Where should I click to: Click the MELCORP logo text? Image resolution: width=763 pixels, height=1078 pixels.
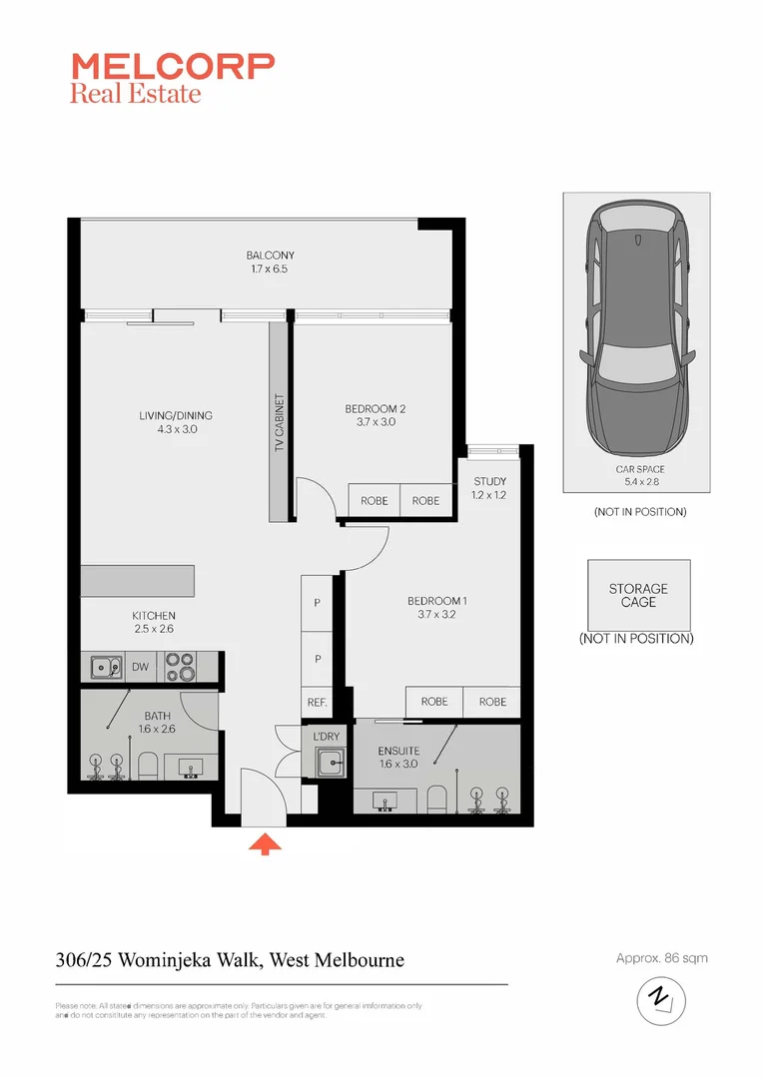(172, 67)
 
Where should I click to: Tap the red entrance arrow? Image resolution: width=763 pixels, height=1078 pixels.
(264, 843)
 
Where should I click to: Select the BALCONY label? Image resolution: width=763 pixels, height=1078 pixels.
(270, 256)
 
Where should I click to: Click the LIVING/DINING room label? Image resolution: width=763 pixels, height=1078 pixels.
(176, 415)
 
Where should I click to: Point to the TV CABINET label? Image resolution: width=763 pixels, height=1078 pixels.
(280, 424)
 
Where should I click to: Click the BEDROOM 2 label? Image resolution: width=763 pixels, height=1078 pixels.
(375, 408)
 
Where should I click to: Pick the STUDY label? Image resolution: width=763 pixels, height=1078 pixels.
(489, 482)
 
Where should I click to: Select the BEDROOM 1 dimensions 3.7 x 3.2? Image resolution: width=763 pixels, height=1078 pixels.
(436, 615)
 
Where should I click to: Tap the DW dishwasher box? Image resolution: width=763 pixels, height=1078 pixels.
(140, 667)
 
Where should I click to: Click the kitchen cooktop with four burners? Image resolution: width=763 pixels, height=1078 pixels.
(179, 666)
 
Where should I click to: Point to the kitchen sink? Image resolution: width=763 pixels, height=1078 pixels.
(102, 667)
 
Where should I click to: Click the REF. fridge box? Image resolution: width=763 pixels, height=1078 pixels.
(318, 702)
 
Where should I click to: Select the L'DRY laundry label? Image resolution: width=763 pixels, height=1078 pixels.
(327, 737)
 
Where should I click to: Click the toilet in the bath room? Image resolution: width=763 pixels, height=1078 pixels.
(147, 767)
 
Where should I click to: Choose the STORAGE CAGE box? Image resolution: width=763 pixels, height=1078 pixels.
(638, 595)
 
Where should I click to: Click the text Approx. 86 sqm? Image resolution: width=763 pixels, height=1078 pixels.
(661, 958)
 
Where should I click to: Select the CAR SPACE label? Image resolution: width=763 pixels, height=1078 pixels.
(639, 469)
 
